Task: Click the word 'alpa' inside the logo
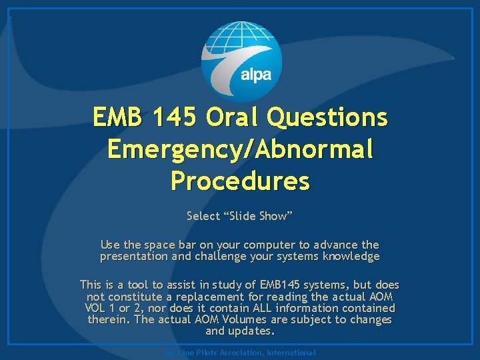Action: click(x=255, y=74)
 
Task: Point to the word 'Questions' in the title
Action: click(x=327, y=117)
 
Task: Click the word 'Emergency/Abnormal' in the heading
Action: click(x=240, y=149)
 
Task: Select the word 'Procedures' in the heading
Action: click(x=240, y=180)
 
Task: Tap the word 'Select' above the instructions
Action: click(x=202, y=215)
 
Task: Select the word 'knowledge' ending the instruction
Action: click(x=351, y=256)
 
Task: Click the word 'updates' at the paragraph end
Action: click(x=251, y=331)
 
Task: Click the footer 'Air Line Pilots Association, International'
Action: click(x=239, y=352)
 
